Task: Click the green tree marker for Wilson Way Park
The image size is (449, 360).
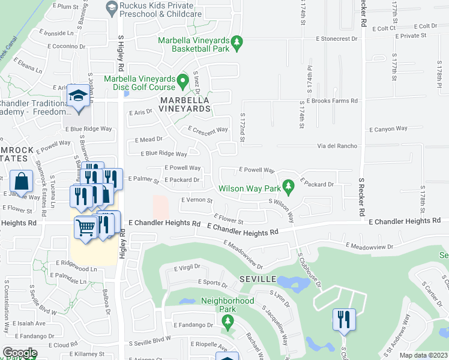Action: coord(288,187)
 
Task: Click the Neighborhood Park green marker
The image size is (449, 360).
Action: coord(227,322)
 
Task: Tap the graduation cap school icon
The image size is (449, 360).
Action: coord(77,98)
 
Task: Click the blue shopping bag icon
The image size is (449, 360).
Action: coord(21,182)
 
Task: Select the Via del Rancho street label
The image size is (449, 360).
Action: coord(333,146)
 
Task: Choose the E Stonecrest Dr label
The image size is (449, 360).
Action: coord(336,37)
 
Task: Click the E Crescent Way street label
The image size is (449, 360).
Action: coord(208,130)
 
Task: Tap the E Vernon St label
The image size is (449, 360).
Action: coord(197,200)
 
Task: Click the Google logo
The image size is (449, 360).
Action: coord(19,353)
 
